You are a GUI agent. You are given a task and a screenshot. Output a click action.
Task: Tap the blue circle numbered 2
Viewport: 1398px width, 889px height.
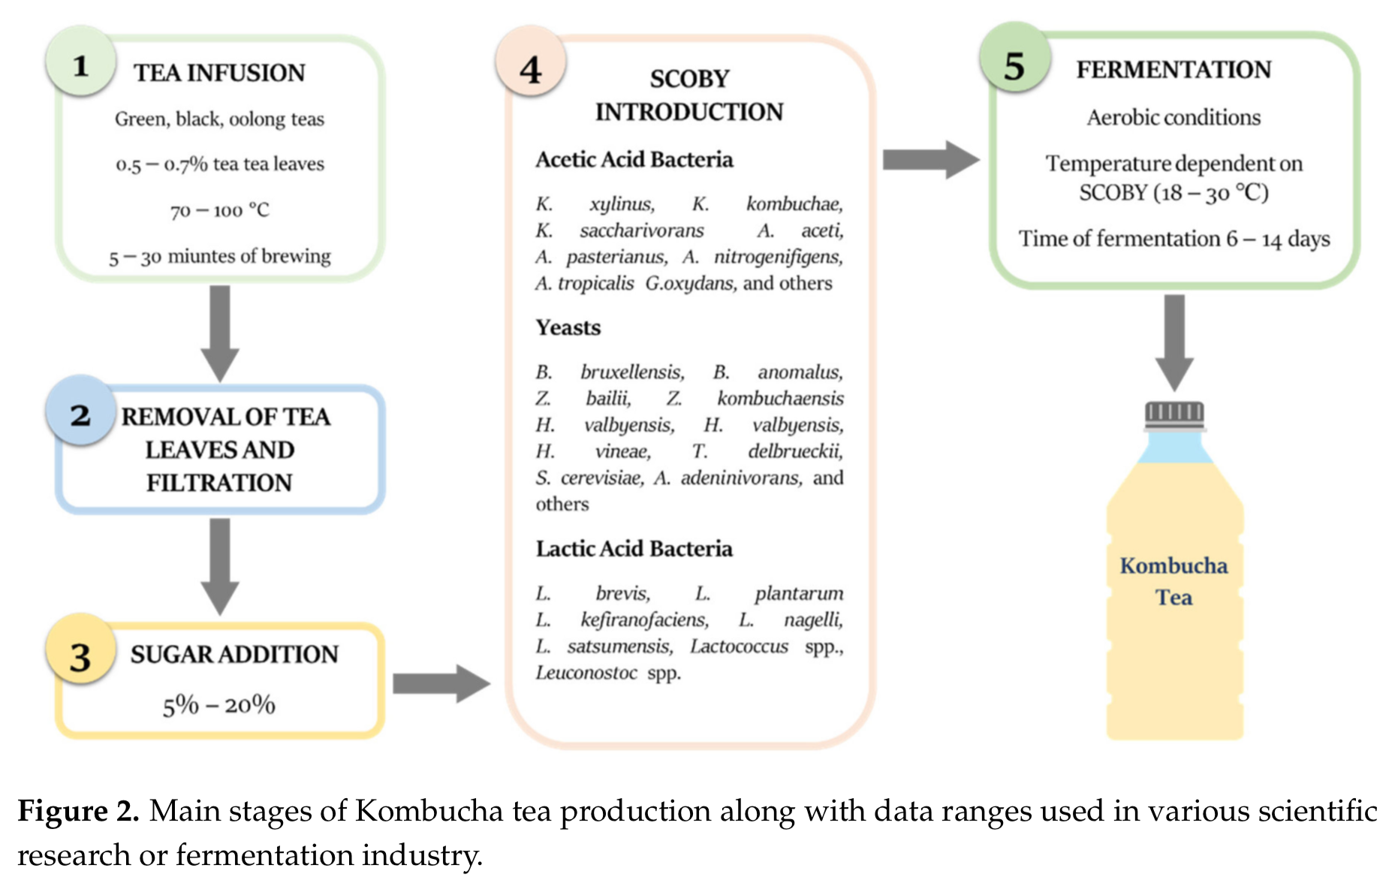point(80,414)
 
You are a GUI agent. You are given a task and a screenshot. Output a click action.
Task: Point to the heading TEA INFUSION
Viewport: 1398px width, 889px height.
point(219,73)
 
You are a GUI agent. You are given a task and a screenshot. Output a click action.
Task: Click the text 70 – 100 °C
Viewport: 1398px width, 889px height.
point(219,210)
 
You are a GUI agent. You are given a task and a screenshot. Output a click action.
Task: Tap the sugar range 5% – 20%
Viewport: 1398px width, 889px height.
point(219,704)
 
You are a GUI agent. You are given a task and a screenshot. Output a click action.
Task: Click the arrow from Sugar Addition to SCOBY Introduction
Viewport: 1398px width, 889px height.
point(441,683)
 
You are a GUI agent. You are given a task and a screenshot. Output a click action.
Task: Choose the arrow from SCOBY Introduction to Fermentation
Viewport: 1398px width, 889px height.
point(930,160)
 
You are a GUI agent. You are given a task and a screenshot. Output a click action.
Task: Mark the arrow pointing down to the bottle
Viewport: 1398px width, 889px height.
point(1174,342)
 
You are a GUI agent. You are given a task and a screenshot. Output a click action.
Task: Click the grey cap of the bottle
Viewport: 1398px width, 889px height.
point(1174,414)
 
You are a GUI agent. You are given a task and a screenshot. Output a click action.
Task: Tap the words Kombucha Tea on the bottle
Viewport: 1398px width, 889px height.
point(1174,581)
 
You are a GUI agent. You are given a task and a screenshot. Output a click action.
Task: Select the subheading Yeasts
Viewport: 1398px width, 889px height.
point(568,327)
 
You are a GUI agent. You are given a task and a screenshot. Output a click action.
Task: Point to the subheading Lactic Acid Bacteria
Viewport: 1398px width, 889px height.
point(634,549)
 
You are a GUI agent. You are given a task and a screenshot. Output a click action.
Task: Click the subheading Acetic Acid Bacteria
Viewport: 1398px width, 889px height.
point(634,159)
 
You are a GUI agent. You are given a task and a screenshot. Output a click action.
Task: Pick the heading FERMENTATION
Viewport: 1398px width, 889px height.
point(1174,70)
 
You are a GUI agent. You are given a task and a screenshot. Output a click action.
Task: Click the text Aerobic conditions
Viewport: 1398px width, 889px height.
point(1174,118)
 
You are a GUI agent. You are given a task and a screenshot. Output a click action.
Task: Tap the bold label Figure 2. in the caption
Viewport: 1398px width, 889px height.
point(78,811)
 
